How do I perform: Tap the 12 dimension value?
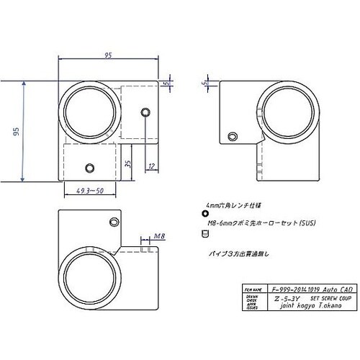(x=151, y=166)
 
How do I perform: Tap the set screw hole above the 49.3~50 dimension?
(x=89, y=167)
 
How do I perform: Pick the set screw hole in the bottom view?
(x=113, y=220)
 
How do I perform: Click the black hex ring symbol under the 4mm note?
(x=205, y=214)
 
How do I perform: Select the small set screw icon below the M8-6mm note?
(x=205, y=233)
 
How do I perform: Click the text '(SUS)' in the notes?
(x=287, y=223)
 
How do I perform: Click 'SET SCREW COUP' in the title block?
(x=323, y=295)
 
